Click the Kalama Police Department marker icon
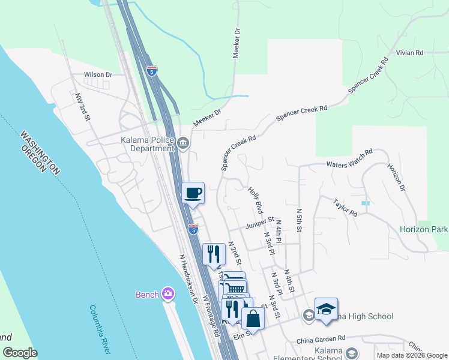point(184,143)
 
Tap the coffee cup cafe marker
point(193,193)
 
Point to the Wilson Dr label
point(98,75)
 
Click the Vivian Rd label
point(409,53)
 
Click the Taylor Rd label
point(345,206)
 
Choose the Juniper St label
point(260,223)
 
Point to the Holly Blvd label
point(256,200)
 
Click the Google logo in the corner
point(20,353)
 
